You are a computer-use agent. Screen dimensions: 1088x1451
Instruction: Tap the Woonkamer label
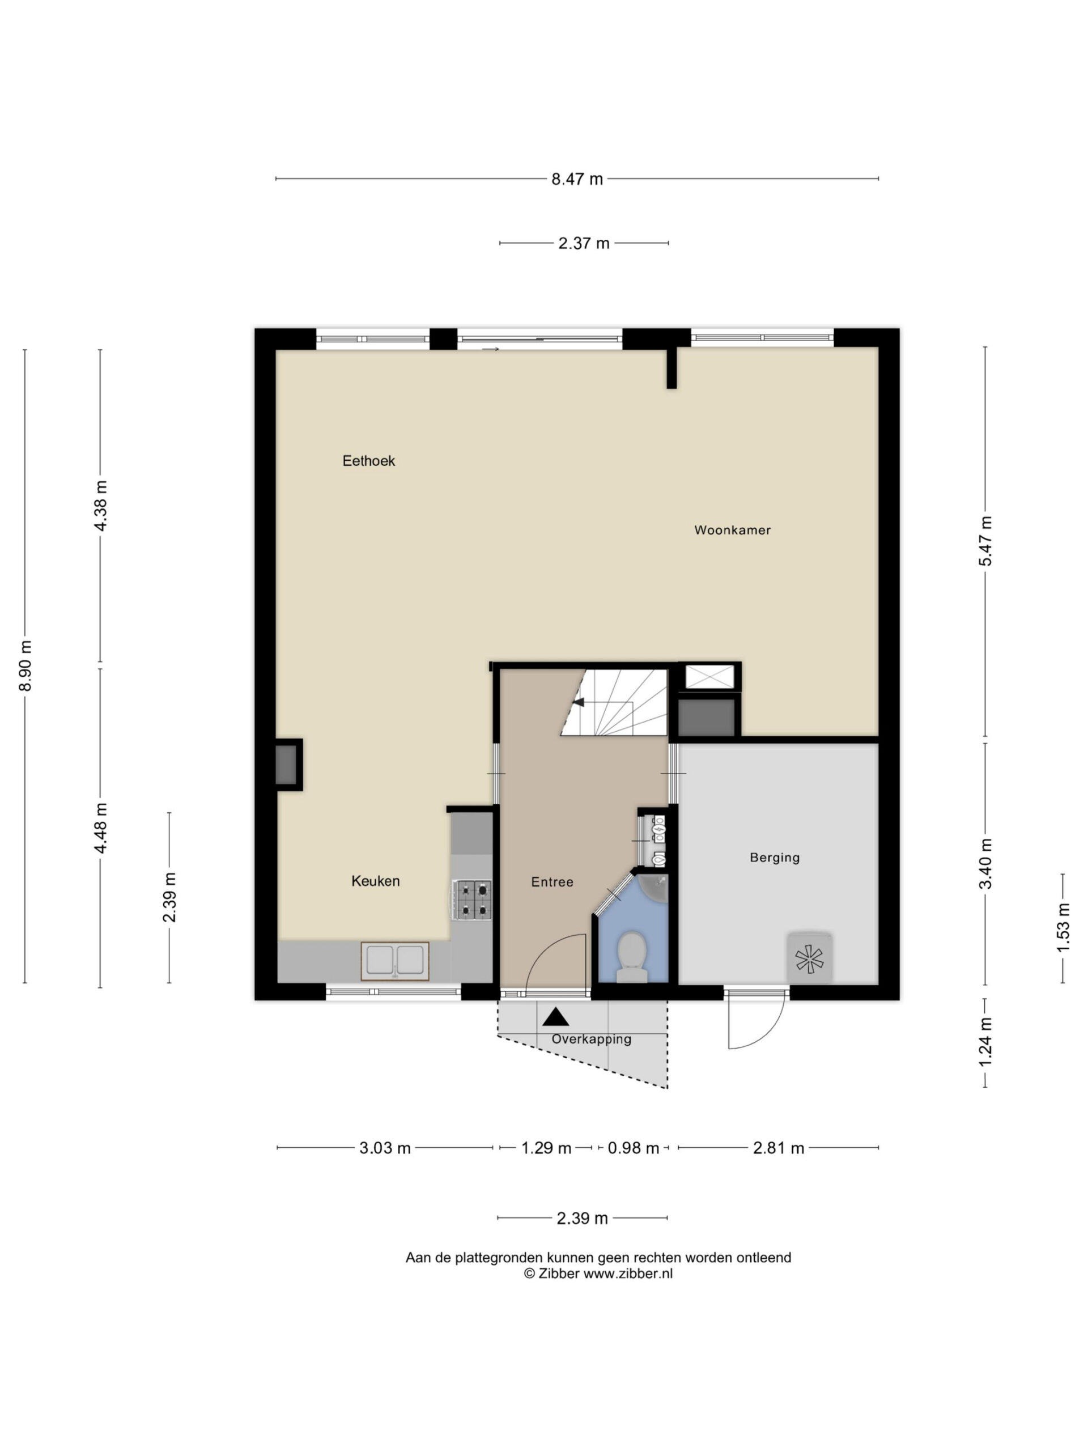[733, 530]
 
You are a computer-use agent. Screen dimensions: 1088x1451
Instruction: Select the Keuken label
[375, 881]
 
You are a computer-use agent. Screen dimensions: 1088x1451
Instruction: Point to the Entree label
[552, 883]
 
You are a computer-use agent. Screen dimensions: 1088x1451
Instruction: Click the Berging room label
[775, 858]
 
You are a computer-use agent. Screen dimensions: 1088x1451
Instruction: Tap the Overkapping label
[591, 1039]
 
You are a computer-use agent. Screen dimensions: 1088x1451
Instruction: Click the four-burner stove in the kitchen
[474, 900]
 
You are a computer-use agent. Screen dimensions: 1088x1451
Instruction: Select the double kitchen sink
[395, 961]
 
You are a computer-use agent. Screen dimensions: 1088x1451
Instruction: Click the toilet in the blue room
[632, 956]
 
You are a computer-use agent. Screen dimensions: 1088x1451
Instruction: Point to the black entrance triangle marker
[556, 1017]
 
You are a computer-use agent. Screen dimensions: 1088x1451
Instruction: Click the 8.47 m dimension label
[577, 179]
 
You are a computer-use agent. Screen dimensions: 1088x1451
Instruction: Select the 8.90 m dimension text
[25, 666]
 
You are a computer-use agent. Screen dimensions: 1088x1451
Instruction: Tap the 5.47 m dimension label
[985, 541]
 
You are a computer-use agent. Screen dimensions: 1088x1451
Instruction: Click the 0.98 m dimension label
[633, 1148]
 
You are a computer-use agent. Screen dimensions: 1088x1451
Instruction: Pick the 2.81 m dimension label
[779, 1148]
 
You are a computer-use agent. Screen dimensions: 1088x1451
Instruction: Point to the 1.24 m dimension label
[985, 1042]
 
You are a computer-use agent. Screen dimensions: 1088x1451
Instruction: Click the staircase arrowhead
[578, 702]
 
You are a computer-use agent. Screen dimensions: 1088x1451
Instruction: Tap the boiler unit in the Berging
[810, 958]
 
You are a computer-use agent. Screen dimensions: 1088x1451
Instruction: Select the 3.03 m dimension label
[385, 1148]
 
